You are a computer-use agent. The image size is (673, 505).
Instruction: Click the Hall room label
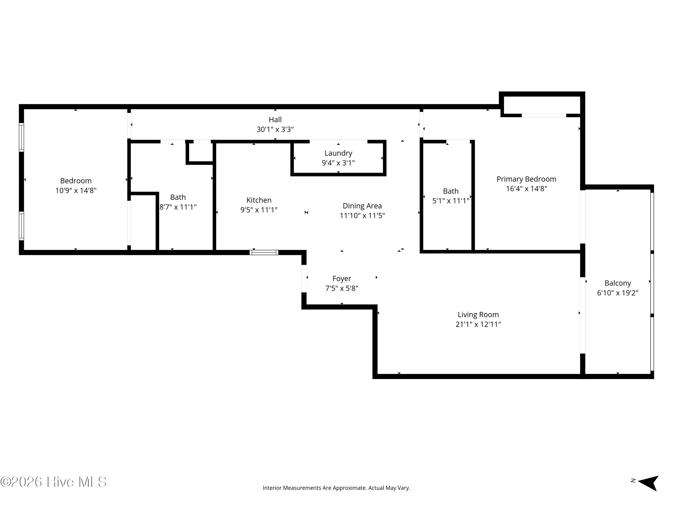pos(275,120)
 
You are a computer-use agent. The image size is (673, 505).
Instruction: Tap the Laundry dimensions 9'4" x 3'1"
pos(338,163)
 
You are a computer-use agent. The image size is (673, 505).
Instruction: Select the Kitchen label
pos(259,200)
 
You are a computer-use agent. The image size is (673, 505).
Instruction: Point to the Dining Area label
pos(362,206)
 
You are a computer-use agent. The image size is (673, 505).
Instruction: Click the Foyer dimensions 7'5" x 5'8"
pos(342,288)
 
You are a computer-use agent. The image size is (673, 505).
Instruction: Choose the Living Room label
pos(478,314)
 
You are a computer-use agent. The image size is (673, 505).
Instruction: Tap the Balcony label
pos(617,283)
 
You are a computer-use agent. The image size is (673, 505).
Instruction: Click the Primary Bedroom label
pos(526,179)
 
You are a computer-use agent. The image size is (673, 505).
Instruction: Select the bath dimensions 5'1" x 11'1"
pos(451,201)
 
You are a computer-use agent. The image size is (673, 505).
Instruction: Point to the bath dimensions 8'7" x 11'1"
pos(178,207)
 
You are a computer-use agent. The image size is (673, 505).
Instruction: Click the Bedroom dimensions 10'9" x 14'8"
pos(76,191)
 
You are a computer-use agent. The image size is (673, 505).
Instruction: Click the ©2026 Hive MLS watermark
pos(54,482)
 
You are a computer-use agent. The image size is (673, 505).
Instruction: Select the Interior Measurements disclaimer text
pos(336,488)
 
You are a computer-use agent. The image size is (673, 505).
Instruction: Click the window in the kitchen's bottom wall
pos(264,252)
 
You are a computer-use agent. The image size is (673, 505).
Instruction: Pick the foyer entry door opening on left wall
pos(304,279)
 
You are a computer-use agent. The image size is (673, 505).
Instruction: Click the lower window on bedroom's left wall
pos(21,226)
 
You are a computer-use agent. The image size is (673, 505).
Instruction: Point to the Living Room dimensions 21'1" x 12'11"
pos(478,325)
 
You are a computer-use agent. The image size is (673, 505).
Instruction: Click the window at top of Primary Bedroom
pos(544,115)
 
